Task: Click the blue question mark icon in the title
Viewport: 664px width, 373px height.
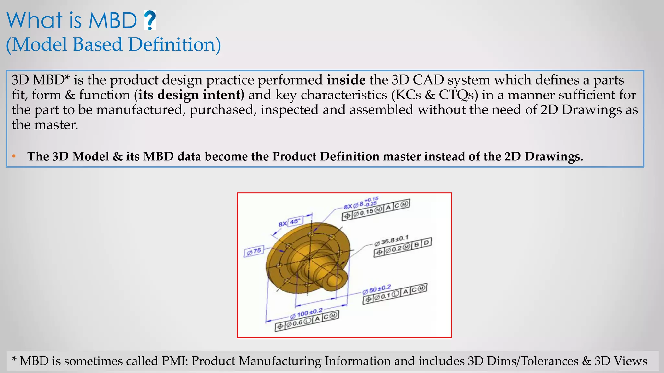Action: click(x=149, y=20)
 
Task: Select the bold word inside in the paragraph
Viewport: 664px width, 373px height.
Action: click(x=346, y=80)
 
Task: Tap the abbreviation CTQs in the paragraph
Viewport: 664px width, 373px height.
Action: click(x=458, y=95)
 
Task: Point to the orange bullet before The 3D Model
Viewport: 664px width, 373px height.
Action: click(x=14, y=157)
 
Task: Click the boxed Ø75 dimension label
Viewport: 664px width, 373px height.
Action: click(x=254, y=251)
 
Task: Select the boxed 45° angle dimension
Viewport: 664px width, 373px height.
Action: click(x=295, y=221)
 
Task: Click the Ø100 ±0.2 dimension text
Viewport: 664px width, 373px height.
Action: click(x=306, y=313)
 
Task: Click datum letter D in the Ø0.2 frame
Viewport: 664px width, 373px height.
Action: click(x=426, y=243)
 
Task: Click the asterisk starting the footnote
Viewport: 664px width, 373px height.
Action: click(x=14, y=359)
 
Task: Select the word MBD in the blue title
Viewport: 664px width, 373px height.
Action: click(x=113, y=20)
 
